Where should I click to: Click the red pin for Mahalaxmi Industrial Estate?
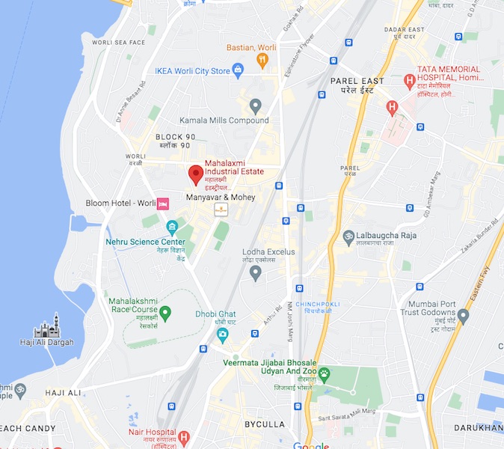click(x=195, y=174)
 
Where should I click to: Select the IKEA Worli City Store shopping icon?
click(x=239, y=71)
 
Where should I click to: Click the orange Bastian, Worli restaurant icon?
click(x=262, y=61)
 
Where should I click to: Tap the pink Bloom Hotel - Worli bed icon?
click(x=163, y=204)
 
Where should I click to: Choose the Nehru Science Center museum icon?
click(x=172, y=227)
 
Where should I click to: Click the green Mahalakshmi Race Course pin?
click(x=165, y=312)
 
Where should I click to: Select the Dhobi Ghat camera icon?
click(x=222, y=335)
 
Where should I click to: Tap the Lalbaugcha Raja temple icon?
click(x=347, y=237)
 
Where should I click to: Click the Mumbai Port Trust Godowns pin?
click(x=463, y=316)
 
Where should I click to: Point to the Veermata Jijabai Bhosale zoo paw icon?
click(x=324, y=373)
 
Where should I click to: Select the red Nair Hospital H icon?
click(x=183, y=436)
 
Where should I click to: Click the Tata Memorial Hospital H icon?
click(x=409, y=80)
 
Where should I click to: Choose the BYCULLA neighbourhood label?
click(x=265, y=424)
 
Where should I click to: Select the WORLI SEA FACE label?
click(x=118, y=43)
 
